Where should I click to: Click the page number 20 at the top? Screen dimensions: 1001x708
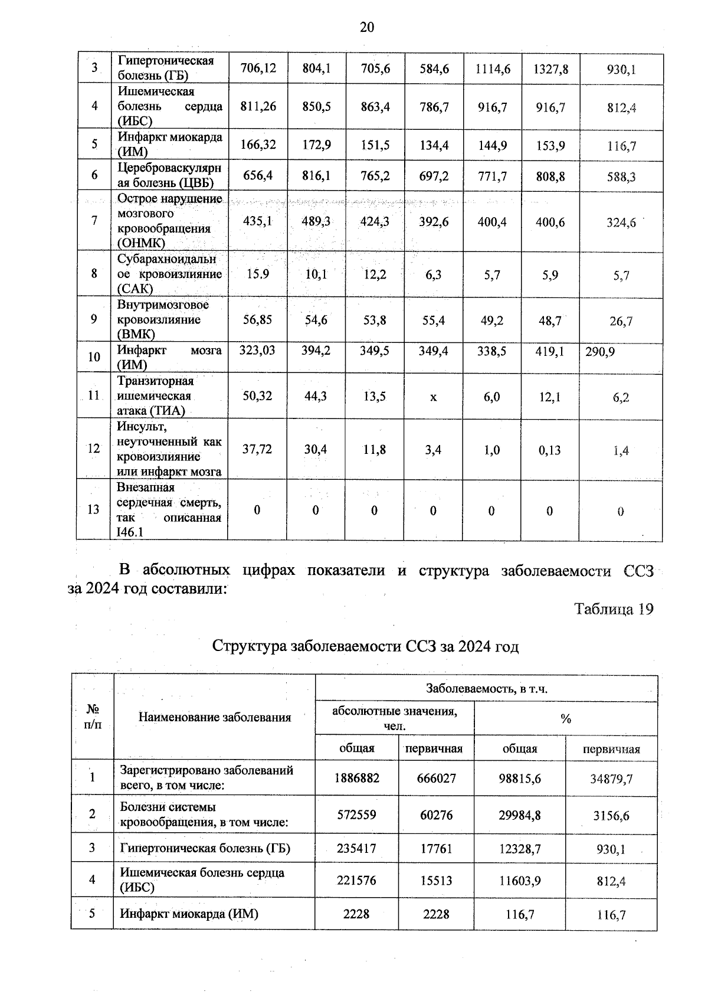point(366,27)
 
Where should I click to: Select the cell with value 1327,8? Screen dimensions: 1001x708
point(550,69)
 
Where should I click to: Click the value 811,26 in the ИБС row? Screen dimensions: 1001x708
point(258,106)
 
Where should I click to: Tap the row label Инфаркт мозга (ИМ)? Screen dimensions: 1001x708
point(169,357)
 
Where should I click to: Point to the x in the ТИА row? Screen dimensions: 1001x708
point(433,397)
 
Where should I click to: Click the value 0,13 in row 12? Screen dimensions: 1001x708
point(549,450)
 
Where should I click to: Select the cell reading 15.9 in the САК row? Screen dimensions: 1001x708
point(257,274)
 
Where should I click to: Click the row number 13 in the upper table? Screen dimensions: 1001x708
point(93,509)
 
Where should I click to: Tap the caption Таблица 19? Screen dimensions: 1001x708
point(614,610)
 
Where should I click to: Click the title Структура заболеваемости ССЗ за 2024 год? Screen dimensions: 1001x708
point(365,646)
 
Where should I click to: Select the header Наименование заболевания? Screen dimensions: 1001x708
point(215,717)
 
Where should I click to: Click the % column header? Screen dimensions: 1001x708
point(565,719)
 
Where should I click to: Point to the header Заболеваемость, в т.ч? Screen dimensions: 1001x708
point(487,689)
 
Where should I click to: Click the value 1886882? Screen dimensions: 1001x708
point(356,778)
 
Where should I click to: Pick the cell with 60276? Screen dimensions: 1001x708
point(436,815)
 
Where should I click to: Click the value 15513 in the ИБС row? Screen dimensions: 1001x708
point(436,881)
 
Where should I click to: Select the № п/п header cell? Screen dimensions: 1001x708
point(93,717)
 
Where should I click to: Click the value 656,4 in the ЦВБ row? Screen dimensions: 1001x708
point(258,176)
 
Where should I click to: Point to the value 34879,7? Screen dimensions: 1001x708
point(611,778)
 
